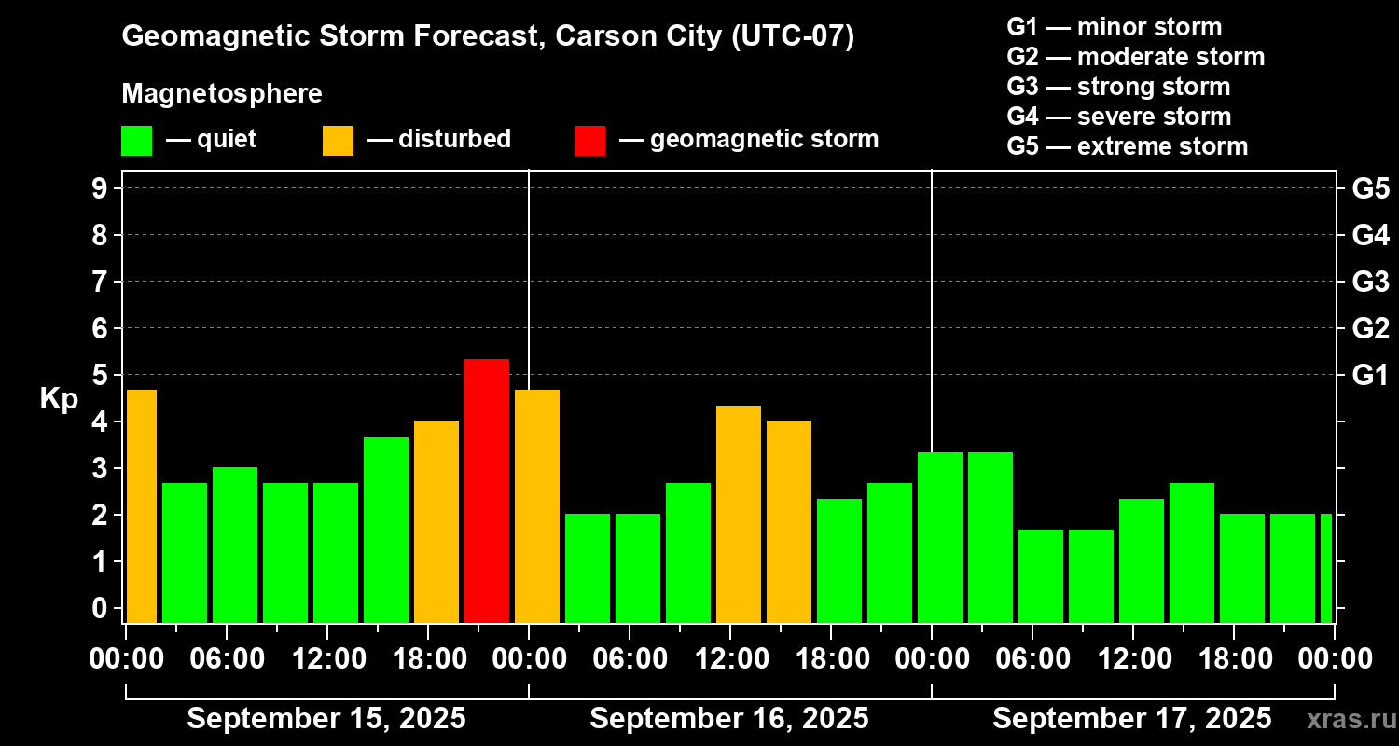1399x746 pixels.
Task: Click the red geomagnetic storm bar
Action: [x=487, y=490]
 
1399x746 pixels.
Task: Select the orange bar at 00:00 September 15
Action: [x=141, y=505]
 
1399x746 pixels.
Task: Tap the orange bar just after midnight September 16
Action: [x=537, y=505]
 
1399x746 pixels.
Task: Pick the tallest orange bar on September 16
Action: [x=739, y=514]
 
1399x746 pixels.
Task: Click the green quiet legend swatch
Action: [x=136, y=140]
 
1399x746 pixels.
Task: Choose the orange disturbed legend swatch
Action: [x=338, y=140]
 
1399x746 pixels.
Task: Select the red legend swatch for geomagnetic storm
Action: [x=589, y=140]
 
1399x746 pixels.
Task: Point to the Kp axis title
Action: [x=59, y=399]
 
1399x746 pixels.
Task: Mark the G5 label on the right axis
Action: [x=1370, y=188]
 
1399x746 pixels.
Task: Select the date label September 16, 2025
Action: [x=729, y=718]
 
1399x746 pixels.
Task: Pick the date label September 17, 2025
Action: [x=1131, y=718]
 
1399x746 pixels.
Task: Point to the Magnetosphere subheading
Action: [x=222, y=94]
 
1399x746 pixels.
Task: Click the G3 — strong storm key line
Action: [x=1118, y=87]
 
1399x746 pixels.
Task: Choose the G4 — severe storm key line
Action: [x=1119, y=117]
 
